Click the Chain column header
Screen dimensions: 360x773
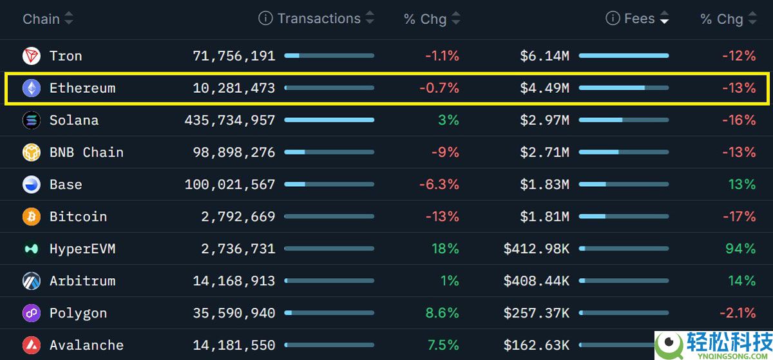[41, 19]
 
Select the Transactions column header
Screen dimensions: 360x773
[319, 19]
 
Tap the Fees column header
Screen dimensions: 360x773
[639, 19]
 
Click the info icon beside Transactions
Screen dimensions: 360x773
[265, 18]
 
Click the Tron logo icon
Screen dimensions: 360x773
[32, 56]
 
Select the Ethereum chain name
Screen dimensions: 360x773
[82, 88]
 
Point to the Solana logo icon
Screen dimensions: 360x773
[32, 120]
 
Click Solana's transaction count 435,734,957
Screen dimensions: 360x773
[230, 120]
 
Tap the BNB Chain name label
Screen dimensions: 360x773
[86, 153]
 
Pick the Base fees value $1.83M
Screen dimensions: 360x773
[545, 185]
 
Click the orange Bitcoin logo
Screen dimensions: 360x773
[32, 217]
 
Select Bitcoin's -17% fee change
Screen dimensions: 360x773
[739, 217]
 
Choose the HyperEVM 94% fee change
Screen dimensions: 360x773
[740, 249]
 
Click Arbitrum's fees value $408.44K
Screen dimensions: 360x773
[537, 281]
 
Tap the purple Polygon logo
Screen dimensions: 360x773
[32, 314]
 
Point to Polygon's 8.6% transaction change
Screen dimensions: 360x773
[442, 314]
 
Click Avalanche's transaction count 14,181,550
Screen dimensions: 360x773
[234, 346]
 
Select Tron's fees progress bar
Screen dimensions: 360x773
[624, 56]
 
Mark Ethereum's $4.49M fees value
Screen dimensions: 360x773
[545, 88]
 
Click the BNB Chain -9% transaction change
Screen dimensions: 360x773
[445, 153]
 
